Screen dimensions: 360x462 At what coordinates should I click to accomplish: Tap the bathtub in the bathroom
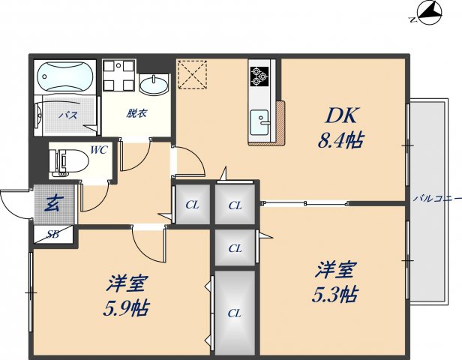coord(65,76)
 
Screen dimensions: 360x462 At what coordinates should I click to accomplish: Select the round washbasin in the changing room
coord(154,85)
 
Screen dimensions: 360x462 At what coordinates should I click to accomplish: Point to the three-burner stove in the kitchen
coord(259,75)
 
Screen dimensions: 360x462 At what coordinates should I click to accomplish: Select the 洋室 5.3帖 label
coord(334,281)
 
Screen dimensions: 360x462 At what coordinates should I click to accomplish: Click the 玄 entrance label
coord(53,203)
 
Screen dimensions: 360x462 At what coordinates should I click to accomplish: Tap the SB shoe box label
coord(53,234)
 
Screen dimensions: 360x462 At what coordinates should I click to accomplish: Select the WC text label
coord(99,149)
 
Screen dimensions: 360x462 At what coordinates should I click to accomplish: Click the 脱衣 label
coord(136,113)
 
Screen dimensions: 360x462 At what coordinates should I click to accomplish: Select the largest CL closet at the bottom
coord(235,311)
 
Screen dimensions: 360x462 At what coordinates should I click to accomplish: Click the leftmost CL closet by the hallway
coord(192,204)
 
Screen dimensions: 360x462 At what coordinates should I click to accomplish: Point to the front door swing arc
coord(15,202)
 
